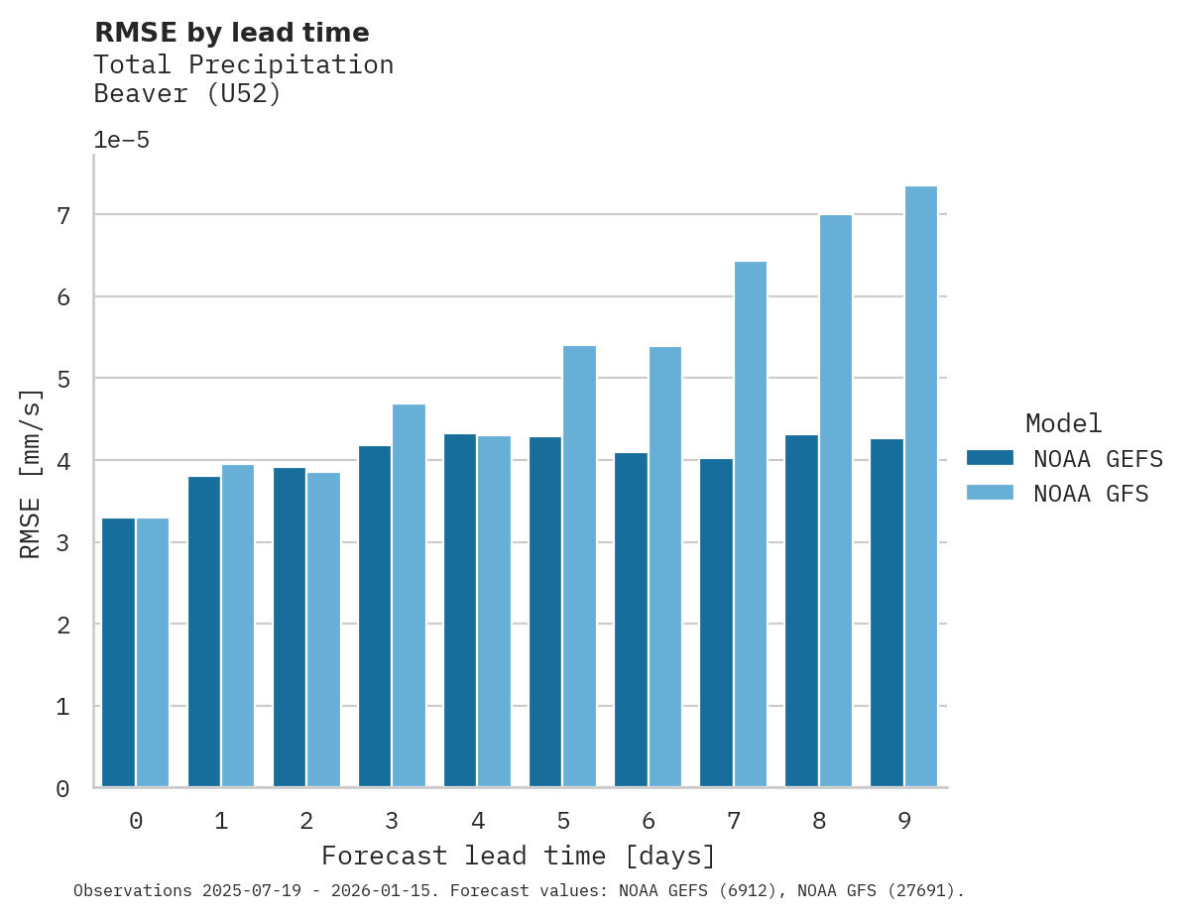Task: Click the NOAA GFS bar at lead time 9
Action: click(x=921, y=486)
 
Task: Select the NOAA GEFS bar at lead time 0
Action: click(x=118, y=652)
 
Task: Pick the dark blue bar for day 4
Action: click(x=460, y=610)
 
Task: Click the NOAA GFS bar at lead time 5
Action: click(x=580, y=566)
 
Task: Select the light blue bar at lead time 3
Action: click(x=410, y=595)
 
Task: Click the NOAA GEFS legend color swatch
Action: click(x=990, y=458)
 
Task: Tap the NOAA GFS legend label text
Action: click(x=1091, y=494)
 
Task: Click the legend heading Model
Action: click(x=1063, y=424)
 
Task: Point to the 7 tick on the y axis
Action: click(x=62, y=215)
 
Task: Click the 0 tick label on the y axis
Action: click(x=62, y=789)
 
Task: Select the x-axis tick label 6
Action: click(x=649, y=822)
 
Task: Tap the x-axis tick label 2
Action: click(x=306, y=822)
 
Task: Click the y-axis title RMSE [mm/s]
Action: click(x=31, y=473)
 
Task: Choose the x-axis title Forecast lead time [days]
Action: click(x=518, y=856)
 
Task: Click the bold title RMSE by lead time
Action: click(x=231, y=33)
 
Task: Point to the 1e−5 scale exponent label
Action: click(x=121, y=140)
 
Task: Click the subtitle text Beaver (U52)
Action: click(x=187, y=94)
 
